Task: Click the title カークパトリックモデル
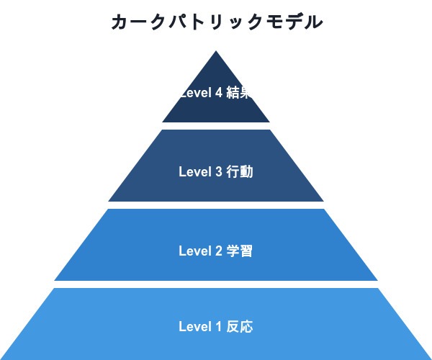tap(216, 22)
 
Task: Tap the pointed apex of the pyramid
tap(216, 53)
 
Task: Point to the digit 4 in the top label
tap(218, 92)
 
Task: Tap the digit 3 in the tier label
tap(218, 172)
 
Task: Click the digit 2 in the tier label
tap(218, 251)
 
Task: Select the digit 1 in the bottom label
tap(218, 327)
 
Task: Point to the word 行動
tap(240, 172)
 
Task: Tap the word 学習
tap(240, 251)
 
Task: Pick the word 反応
tap(240, 327)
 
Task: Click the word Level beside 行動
tap(194, 172)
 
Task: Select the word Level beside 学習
tap(194, 251)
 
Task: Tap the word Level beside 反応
tap(194, 327)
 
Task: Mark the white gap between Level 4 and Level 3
tap(216, 126)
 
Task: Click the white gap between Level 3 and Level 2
tap(216, 205)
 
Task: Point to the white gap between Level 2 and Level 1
tap(216, 284)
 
